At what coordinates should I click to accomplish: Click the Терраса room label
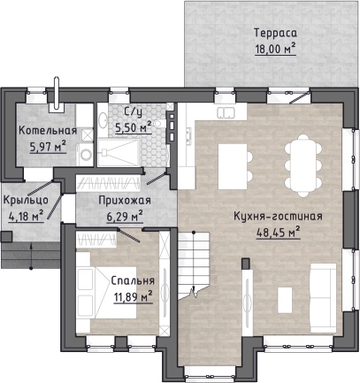(275, 33)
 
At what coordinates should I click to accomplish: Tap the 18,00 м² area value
(275, 49)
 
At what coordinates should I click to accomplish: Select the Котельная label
(48, 131)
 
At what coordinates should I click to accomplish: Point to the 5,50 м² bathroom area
(134, 127)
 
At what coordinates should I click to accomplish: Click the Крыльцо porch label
(26, 200)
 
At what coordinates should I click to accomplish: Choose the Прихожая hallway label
(125, 201)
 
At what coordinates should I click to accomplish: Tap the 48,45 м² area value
(278, 233)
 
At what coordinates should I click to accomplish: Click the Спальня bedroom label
(133, 280)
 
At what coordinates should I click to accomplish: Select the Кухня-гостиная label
(278, 216)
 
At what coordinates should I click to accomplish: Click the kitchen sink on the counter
(226, 112)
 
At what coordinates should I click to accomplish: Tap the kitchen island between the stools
(233, 166)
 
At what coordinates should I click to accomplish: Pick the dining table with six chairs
(303, 165)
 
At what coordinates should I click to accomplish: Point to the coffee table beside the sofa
(285, 300)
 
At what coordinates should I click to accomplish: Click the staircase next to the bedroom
(194, 264)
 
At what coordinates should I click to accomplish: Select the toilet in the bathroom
(158, 124)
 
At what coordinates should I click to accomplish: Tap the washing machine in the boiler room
(86, 155)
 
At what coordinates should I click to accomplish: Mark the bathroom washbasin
(103, 120)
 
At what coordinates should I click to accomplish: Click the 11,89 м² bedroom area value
(133, 296)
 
